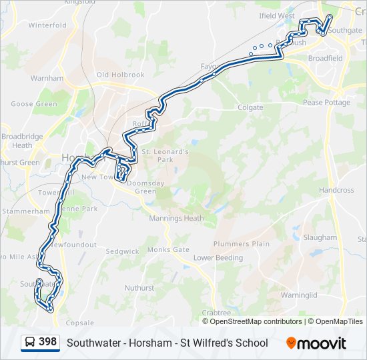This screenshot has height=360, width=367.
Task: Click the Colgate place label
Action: pos(250,107)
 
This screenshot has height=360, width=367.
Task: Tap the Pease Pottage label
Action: pos(326,103)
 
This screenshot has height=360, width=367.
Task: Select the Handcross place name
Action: pos(336,190)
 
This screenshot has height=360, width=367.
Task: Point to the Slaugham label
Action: pos(320,237)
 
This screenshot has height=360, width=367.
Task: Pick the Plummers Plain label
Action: pos(242,244)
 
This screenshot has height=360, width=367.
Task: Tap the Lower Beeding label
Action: pos(218,257)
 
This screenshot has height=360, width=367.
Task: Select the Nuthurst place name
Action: pos(139,288)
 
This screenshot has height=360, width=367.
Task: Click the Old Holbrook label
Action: pos(120,75)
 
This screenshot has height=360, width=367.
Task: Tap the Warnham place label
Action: pos(47,78)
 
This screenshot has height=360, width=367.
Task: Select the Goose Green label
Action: pos(34,104)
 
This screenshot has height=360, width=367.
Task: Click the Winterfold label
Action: pos(47,25)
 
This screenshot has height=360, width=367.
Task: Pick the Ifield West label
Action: pos(277,15)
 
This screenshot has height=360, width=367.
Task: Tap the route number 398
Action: pos(47,342)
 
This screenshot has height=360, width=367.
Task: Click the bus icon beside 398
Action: pos(30,343)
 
